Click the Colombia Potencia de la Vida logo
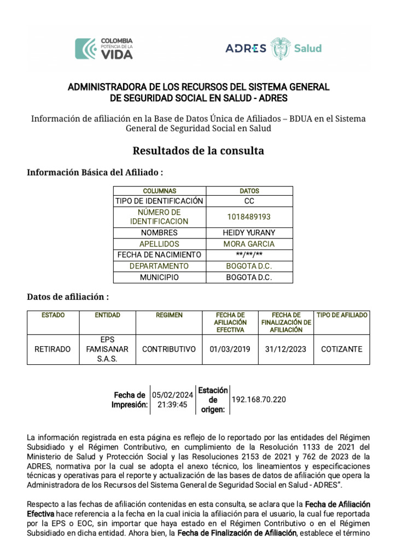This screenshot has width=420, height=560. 104,49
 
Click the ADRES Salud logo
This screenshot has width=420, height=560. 273,48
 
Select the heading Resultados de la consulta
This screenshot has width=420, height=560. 199,150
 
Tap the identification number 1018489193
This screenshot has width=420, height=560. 249,217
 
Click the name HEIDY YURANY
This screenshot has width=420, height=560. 249,233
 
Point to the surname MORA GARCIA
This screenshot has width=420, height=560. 249,244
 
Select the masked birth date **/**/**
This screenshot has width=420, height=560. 249,255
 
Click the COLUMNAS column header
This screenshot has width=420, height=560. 160,191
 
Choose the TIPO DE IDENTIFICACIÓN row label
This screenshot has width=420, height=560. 160,201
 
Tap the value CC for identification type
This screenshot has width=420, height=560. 249,201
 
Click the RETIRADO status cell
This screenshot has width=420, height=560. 52,349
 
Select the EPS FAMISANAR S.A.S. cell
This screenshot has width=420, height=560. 107,349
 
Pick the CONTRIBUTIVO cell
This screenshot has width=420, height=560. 168,349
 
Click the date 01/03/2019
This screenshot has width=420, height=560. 230,349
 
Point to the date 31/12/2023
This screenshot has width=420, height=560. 285,349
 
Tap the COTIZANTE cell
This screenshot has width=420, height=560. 342,349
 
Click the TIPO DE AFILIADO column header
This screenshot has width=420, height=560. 342,316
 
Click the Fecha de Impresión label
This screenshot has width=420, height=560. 130,400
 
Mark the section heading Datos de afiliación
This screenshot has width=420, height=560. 68,297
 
